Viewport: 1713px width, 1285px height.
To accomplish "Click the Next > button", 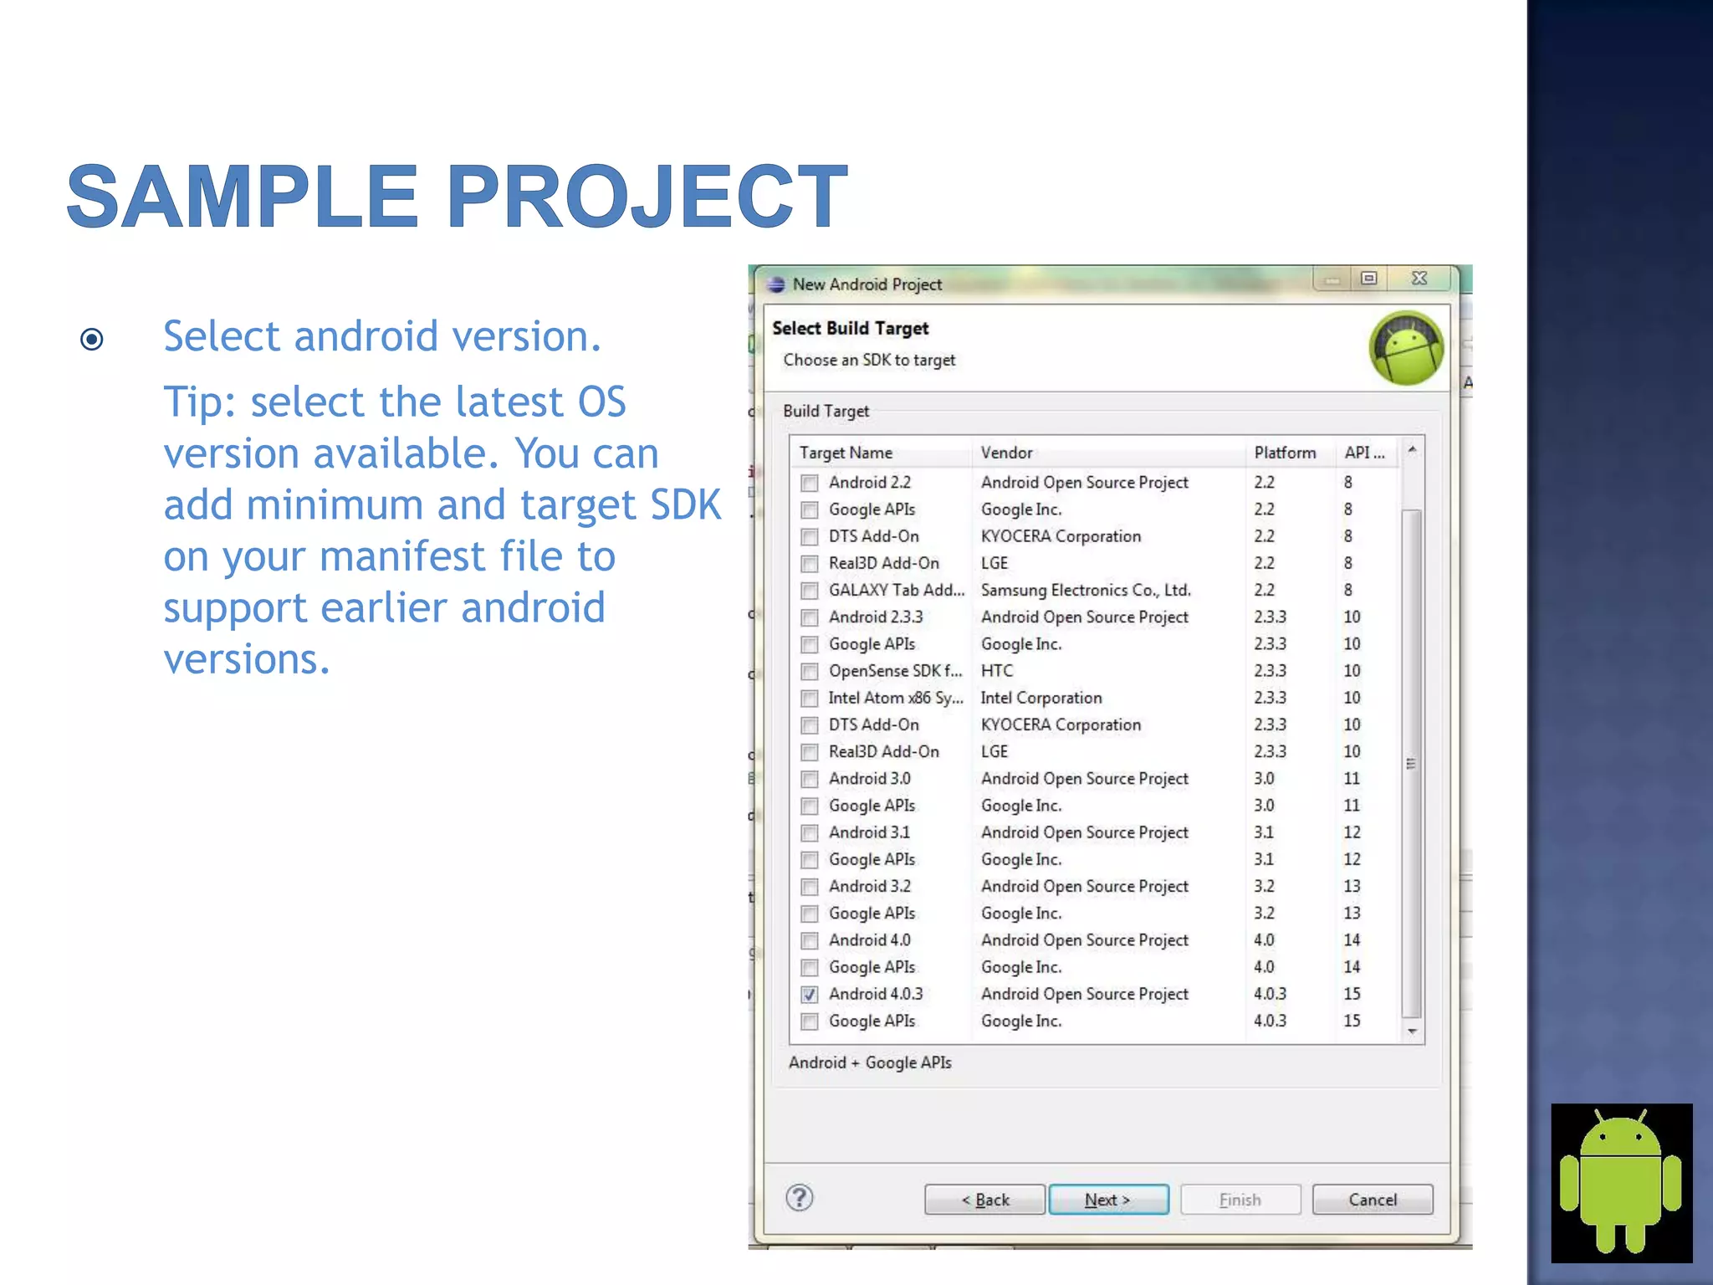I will pyautogui.click(x=1108, y=1200).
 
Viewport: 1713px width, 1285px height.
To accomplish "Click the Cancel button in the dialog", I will pyautogui.click(x=1372, y=1200).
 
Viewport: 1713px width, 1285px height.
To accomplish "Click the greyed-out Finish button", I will pyautogui.click(x=1240, y=1200).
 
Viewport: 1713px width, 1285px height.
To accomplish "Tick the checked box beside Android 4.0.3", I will pyautogui.click(x=809, y=995).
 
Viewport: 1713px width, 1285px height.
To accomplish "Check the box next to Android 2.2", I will pyautogui.click(x=809, y=483).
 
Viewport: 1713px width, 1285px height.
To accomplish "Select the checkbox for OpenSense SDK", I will pyautogui.click(x=809, y=672).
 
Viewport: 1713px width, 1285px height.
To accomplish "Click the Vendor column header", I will pyautogui.click(x=1007, y=453).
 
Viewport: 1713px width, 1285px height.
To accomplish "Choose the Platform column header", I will pyautogui.click(x=1285, y=453).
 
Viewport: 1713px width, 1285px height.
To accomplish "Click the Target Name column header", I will pyautogui.click(x=846, y=453).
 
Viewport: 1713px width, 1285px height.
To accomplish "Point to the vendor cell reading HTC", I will pyautogui.click(x=997, y=671).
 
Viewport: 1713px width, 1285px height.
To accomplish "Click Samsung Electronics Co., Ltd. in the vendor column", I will pyautogui.click(x=1086, y=590).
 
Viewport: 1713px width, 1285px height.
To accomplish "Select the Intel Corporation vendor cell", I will pyautogui.click(x=1041, y=698).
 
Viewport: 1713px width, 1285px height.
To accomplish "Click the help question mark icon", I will pyautogui.click(x=800, y=1198).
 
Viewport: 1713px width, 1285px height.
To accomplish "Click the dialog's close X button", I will pyautogui.click(x=1419, y=279).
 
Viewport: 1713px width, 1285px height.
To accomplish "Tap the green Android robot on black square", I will pyautogui.click(x=1621, y=1182).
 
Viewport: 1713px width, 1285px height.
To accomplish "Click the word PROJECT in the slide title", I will pyautogui.click(x=647, y=197).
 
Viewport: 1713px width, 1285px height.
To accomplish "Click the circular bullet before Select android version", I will pyautogui.click(x=92, y=339).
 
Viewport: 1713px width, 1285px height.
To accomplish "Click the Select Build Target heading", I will pyautogui.click(x=850, y=328).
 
